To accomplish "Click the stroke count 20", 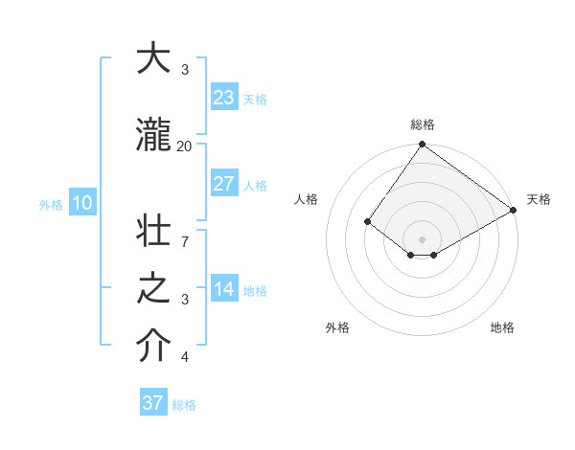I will [x=184, y=146].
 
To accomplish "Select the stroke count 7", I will [x=184, y=231].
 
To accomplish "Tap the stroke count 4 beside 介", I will [x=184, y=357].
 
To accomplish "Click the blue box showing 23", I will [x=223, y=97].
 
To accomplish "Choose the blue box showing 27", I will [x=223, y=184].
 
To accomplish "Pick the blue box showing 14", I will [x=223, y=289].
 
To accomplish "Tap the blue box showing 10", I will [x=81, y=203].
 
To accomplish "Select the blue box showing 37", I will [x=153, y=403].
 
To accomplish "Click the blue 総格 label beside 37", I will [x=184, y=405].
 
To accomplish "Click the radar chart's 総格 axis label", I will [x=422, y=124].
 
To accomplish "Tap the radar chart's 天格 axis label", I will [x=539, y=199].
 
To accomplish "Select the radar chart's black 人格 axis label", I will [x=307, y=199].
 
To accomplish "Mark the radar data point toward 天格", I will [x=514, y=210].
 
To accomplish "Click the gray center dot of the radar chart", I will [x=422, y=238].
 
